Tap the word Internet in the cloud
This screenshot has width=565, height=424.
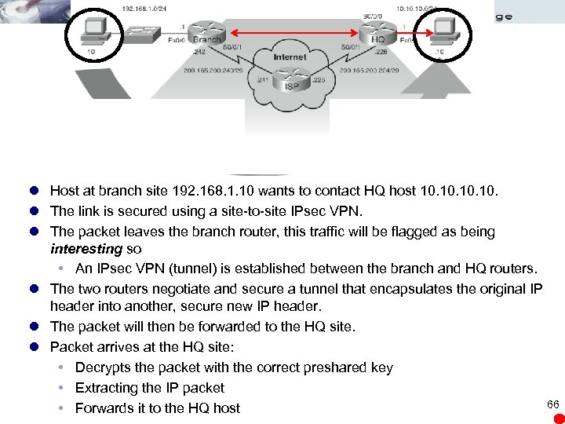click(290, 57)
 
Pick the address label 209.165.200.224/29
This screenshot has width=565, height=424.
click(369, 70)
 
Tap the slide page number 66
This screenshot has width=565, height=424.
click(552, 404)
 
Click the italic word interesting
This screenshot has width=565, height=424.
click(86, 250)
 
